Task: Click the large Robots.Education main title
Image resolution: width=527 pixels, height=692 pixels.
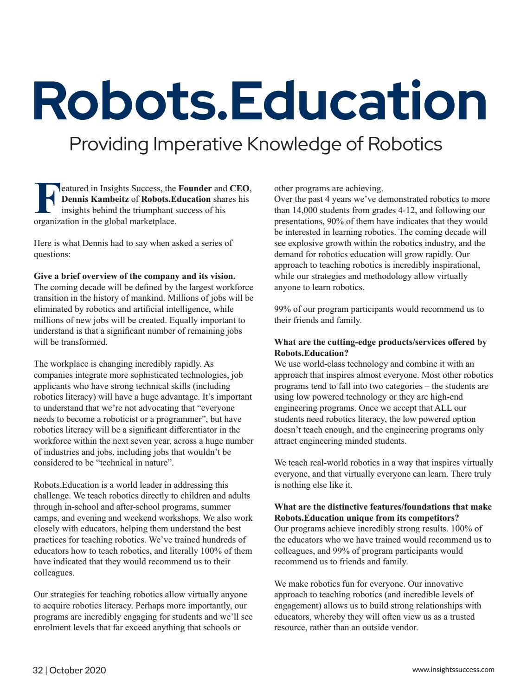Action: [260, 101]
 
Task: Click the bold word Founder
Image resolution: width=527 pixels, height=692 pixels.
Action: [195, 188]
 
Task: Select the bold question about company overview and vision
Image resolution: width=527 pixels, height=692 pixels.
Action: [135, 276]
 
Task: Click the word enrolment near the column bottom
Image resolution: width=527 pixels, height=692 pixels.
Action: [50, 627]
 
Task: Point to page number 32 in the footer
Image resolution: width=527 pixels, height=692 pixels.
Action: [38, 670]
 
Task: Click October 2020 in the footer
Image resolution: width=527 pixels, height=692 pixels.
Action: [77, 670]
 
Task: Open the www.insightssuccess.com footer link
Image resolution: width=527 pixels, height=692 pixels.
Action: [453, 670]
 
